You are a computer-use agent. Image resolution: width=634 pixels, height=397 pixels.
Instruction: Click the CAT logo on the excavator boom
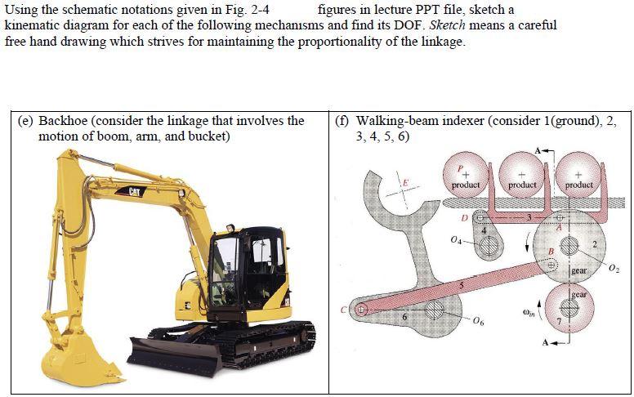[x=135, y=191]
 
